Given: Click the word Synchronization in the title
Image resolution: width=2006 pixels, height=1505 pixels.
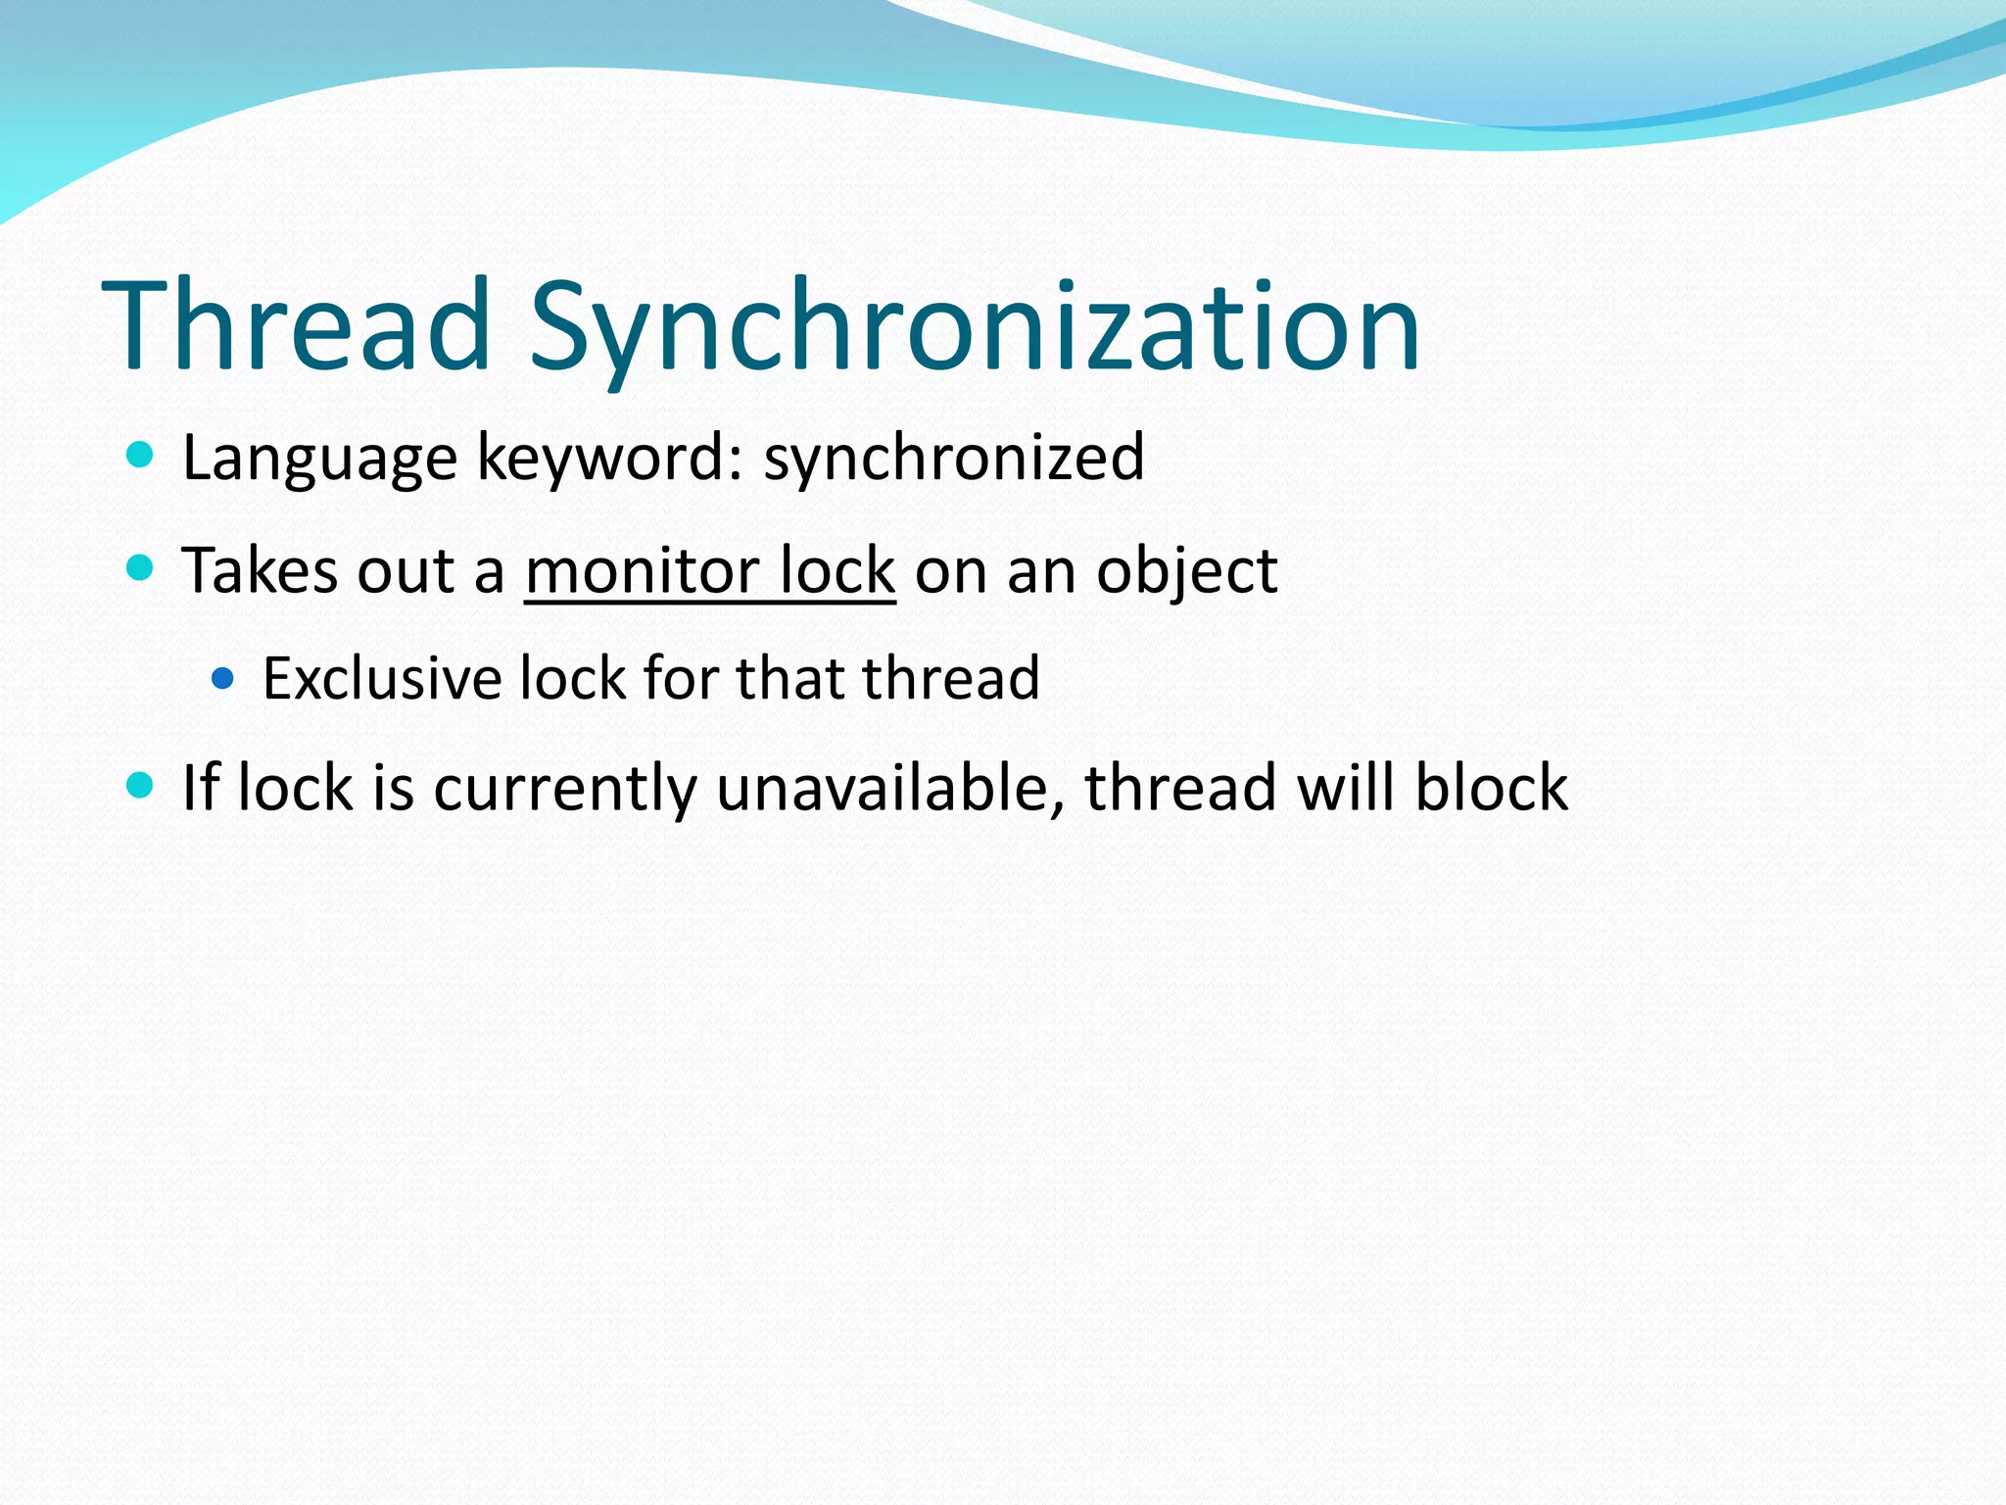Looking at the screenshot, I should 975,328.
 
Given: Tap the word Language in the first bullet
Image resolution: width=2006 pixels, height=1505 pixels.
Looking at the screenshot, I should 319,459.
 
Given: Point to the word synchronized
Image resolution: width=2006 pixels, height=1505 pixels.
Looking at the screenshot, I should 954,459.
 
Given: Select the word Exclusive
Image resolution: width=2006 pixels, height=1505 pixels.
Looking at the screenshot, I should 381,678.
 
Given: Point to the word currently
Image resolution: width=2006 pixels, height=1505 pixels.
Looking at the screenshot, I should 564,790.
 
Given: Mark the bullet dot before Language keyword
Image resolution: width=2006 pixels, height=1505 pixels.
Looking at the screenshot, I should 141,455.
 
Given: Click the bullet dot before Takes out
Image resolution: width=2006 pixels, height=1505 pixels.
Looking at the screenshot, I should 141,567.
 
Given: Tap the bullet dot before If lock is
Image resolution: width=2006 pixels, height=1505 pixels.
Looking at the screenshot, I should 141,785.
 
